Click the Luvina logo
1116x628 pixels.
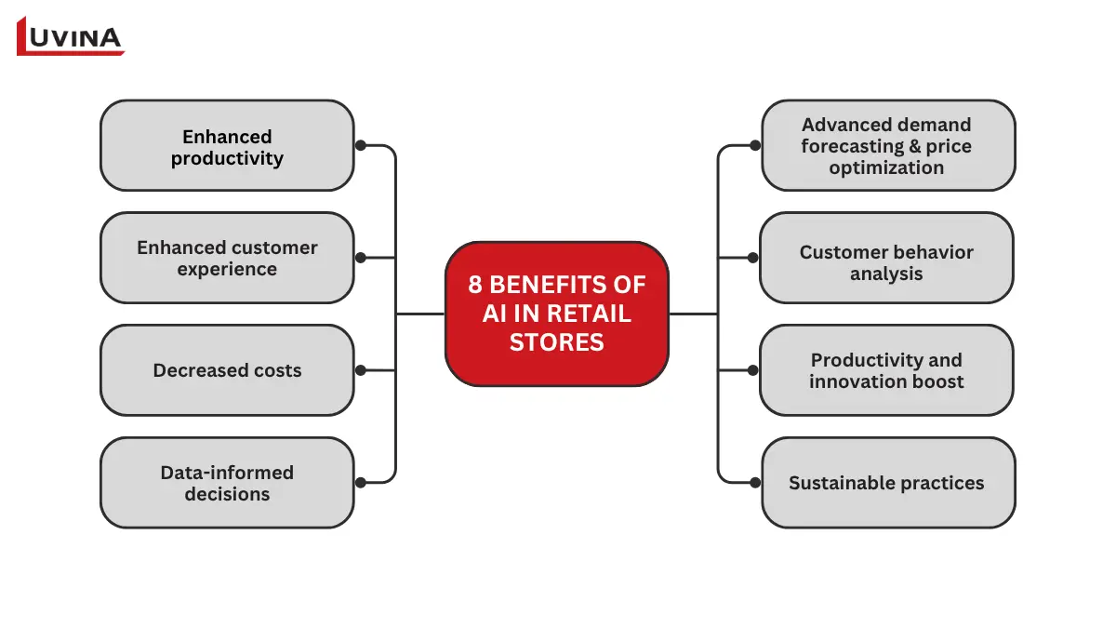[70, 36]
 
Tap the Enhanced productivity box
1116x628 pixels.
[227, 146]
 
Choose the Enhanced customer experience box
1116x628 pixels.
[227, 258]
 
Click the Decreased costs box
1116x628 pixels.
[227, 370]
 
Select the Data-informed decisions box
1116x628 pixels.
[227, 483]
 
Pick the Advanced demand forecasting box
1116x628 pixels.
[887, 146]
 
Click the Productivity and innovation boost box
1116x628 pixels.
[886, 370]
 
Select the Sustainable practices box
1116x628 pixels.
[887, 483]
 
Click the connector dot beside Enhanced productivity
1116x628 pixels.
[361, 146]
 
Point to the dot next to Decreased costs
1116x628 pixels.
[361, 370]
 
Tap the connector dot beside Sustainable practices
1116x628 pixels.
[755, 482]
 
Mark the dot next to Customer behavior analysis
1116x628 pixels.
[754, 258]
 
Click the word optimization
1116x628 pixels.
[886, 168]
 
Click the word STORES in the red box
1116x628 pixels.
[556, 342]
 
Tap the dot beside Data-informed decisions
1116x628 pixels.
[361, 482]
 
